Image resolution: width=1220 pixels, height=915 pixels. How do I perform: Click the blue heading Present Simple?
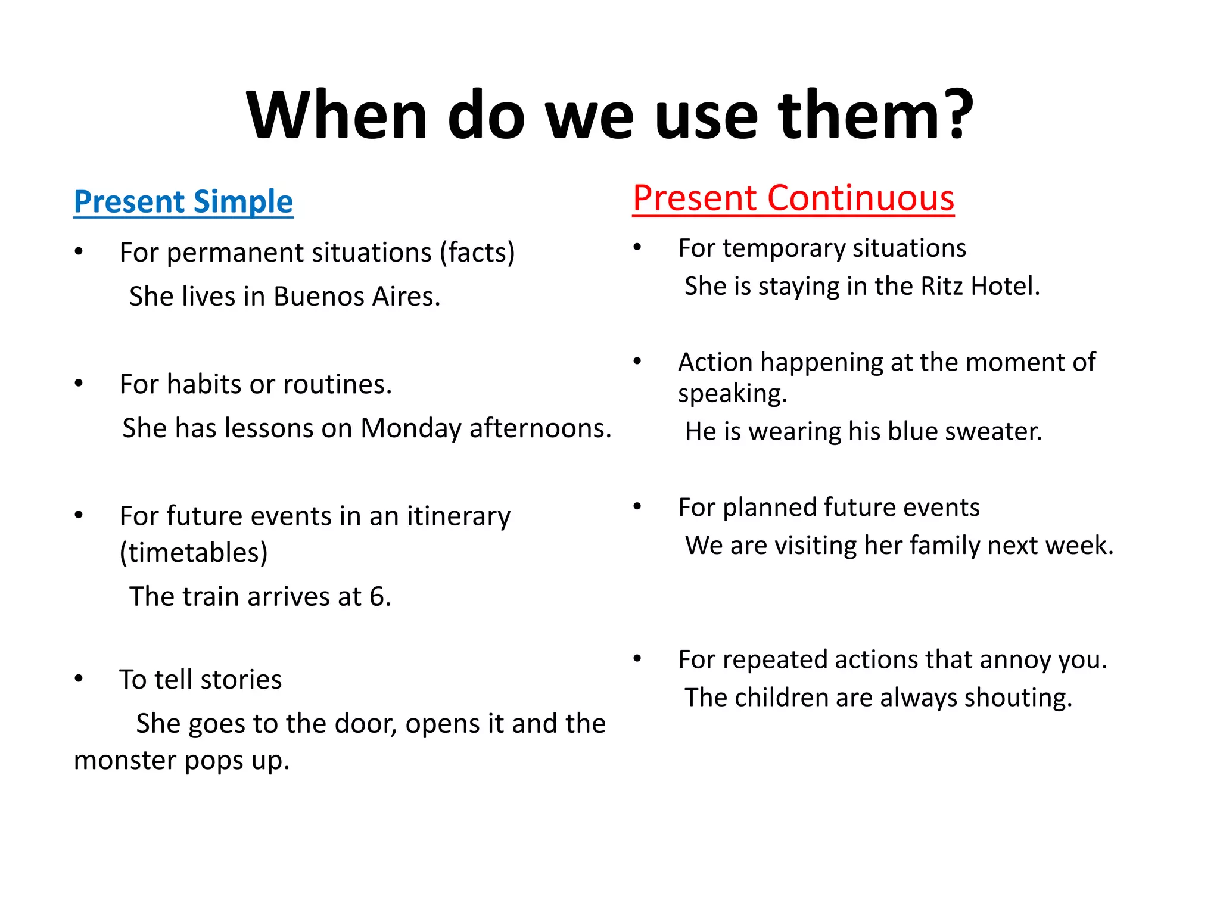coord(183,201)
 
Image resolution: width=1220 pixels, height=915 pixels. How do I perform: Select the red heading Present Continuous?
coord(793,198)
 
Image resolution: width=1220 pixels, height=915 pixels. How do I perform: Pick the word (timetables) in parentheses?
coord(194,552)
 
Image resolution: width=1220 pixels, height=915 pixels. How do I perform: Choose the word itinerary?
coord(458,516)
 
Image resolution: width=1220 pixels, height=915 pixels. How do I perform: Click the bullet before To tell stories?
coord(79,679)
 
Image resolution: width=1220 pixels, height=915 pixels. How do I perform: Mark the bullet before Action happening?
coord(637,361)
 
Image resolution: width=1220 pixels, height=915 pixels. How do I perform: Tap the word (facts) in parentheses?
coord(477,253)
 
